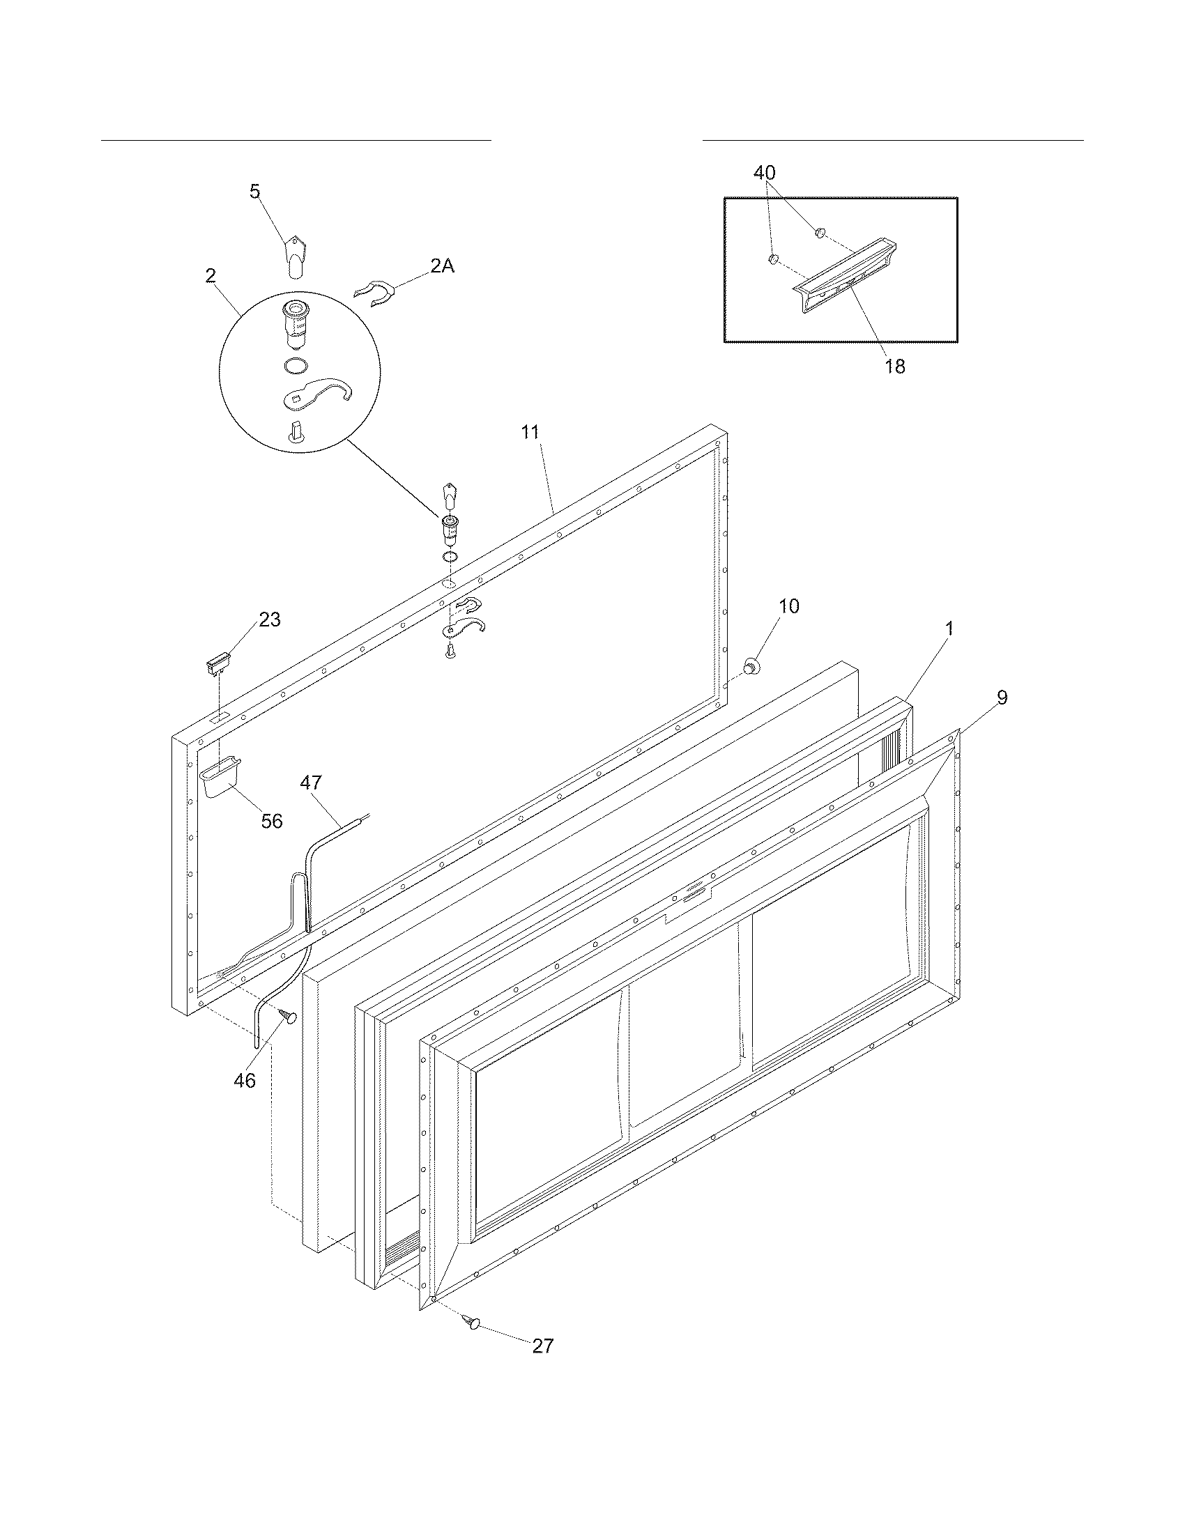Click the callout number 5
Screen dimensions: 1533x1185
[x=255, y=191]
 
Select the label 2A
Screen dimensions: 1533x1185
[x=441, y=266]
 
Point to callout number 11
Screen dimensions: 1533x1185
[x=530, y=433]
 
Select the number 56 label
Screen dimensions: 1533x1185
[x=272, y=822]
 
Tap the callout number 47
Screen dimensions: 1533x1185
[x=312, y=783]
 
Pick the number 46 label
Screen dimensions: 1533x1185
[x=244, y=1080]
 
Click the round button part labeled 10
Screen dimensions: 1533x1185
[x=754, y=664]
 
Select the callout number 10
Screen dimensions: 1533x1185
[x=789, y=606]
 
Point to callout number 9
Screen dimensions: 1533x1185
[x=1002, y=697]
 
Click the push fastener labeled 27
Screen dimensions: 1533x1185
[x=473, y=1323]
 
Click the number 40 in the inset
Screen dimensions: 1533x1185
[x=765, y=173]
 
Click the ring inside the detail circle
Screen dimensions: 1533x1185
[x=298, y=366]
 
